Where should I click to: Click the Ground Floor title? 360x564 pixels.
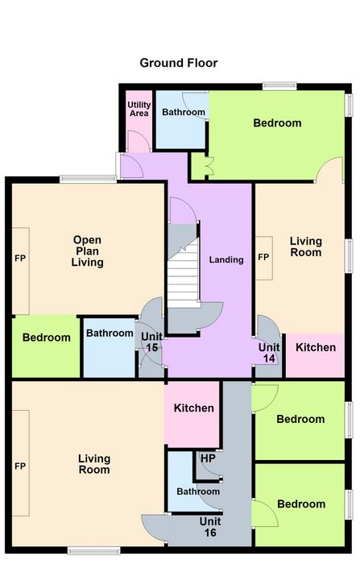click(x=178, y=63)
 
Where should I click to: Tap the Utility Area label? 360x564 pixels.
click(x=139, y=109)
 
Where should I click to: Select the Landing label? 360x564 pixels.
click(x=226, y=259)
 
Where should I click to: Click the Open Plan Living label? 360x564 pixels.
click(x=88, y=251)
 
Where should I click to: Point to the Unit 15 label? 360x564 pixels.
click(x=151, y=342)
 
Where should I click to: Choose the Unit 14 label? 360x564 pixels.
click(x=269, y=353)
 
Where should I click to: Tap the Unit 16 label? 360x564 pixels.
click(x=210, y=527)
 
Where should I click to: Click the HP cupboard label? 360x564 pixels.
click(x=208, y=458)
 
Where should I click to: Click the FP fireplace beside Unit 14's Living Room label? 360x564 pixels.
click(x=264, y=258)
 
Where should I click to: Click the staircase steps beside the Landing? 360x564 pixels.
click(x=184, y=273)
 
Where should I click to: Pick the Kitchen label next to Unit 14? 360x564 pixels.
click(x=316, y=347)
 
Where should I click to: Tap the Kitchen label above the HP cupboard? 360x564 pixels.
click(x=194, y=408)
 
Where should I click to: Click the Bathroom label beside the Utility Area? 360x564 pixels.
click(x=184, y=112)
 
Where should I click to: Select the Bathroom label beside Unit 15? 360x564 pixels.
click(x=110, y=333)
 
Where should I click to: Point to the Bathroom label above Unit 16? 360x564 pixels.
click(x=198, y=491)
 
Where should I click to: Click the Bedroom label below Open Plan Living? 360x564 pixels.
click(x=47, y=338)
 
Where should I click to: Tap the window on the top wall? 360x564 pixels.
click(x=279, y=86)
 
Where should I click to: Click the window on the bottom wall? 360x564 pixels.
click(x=94, y=550)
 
